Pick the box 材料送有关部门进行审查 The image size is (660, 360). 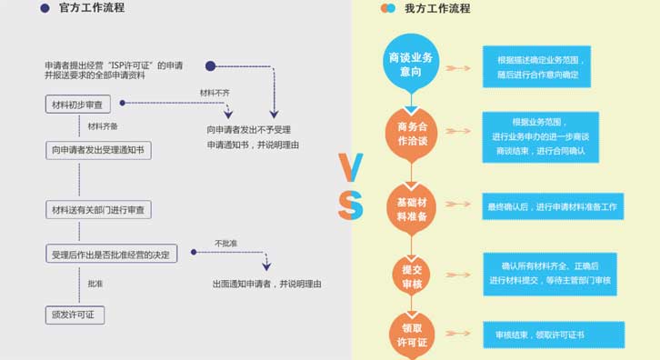tap(100, 210)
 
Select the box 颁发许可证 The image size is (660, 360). tap(75, 315)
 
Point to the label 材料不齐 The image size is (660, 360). tap(215, 92)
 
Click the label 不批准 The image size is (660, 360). tap(226, 243)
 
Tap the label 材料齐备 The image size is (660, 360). tap(102, 125)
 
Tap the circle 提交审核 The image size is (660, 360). tap(413, 274)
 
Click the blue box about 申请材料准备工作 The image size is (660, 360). tap(553, 207)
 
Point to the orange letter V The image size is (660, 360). tap(350, 166)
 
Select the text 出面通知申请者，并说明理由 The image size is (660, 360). tap(266, 284)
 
